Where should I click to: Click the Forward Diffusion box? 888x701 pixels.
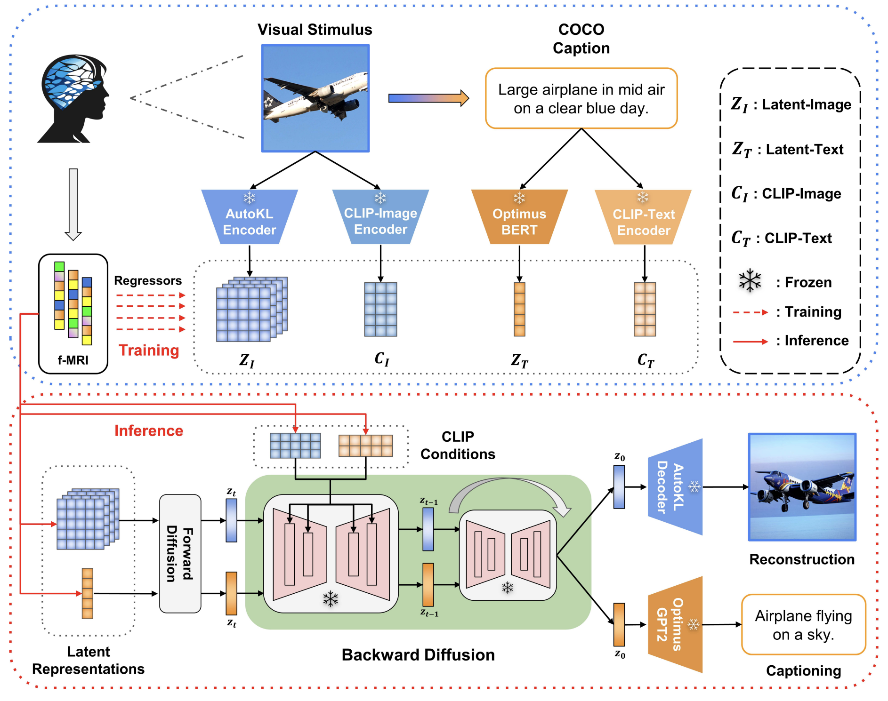click(x=180, y=554)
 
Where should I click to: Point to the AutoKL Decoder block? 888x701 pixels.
click(x=676, y=487)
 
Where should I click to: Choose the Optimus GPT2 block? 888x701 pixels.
click(x=676, y=624)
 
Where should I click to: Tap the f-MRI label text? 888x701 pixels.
click(x=73, y=360)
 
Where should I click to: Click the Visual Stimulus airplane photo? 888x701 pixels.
click(x=315, y=98)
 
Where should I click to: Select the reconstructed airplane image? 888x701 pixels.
click(x=802, y=487)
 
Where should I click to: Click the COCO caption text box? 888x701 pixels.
click(x=581, y=98)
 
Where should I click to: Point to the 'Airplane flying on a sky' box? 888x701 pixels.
click(x=804, y=625)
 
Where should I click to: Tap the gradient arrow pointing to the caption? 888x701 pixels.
click(x=428, y=98)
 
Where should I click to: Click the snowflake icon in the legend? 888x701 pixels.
click(x=750, y=281)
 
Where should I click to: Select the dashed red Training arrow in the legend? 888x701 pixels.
click(x=751, y=312)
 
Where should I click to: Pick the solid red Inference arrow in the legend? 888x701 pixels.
click(x=751, y=341)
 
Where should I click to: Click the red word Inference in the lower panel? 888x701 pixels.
click(x=149, y=431)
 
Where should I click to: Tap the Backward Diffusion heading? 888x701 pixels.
click(x=418, y=655)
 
